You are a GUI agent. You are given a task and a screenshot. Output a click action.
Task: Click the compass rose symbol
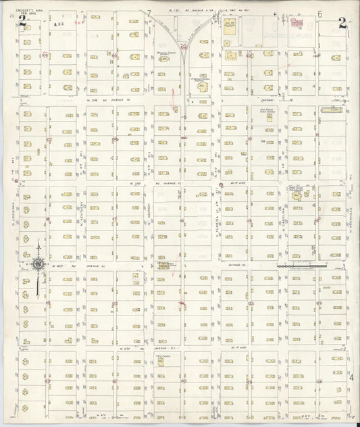[x=38, y=263]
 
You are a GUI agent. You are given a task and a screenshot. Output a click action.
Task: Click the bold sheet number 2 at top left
[x=22, y=22]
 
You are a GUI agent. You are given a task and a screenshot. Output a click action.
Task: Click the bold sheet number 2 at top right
[x=342, y=22]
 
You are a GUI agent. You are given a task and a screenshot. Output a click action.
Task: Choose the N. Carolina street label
[x=282, y=220]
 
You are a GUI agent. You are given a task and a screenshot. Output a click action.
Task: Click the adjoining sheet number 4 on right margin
[x=351, y=378]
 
